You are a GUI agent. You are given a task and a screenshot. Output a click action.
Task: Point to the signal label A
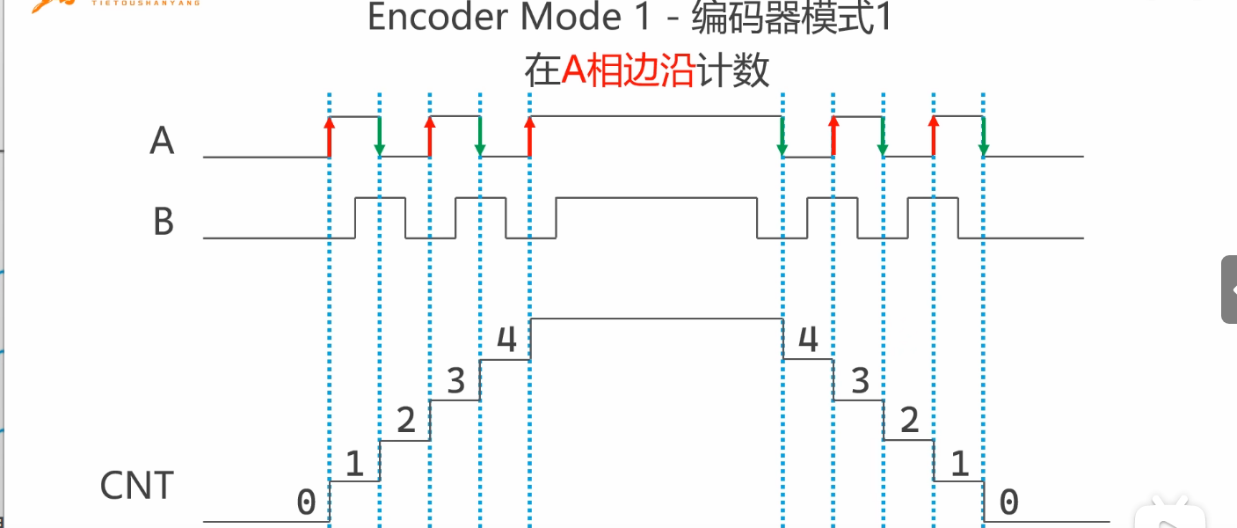pos(162,140)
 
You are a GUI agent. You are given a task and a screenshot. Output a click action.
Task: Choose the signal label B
pos(163,221)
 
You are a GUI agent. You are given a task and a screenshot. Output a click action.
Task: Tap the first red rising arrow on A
pos(330,136)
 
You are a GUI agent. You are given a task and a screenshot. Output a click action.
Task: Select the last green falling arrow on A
pos(983,136)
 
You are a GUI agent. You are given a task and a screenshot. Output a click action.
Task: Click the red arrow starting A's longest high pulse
pos(529,136)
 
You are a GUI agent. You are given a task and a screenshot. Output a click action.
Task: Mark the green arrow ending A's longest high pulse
pos(782,136)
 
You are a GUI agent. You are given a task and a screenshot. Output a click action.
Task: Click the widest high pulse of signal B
pos(656,199)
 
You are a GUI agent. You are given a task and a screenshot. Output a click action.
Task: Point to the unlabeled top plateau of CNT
pos(656,319)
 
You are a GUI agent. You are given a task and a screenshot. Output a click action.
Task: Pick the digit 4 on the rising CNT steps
pos(506,340)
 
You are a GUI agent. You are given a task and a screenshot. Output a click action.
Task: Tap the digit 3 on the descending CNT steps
pos(860,380)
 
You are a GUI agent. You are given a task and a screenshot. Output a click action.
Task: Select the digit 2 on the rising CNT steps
pos(405,421)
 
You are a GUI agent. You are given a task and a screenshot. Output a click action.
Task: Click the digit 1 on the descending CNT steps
pos(960,463)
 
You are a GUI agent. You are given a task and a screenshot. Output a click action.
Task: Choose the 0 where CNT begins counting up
pos(305,502)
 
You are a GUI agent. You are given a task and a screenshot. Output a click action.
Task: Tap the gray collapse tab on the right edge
pos(1229,290)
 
